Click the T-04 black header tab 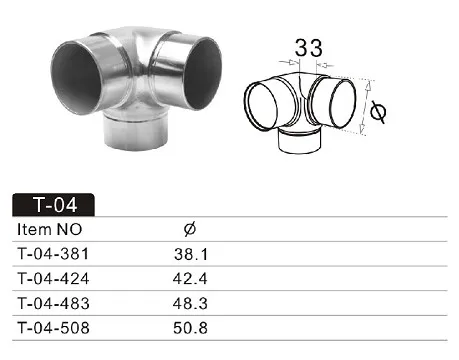tap(53, 204)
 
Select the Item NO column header tap(49, 229)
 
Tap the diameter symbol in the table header tap(190, 229)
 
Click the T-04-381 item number tap(53, 254)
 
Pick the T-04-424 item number tap(53, 279)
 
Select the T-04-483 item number tap(53, 303)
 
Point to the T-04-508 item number tap(53, 328)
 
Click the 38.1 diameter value tap(191, 254)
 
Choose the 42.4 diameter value tap(190, 279)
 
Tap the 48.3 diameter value tap(190, 303)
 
